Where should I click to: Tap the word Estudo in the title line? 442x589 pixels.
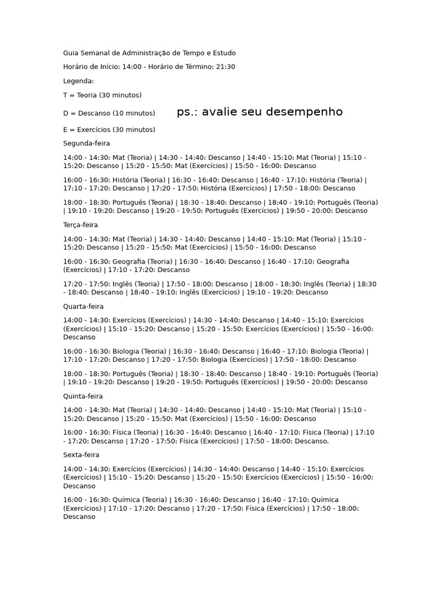click(x=224, y=53)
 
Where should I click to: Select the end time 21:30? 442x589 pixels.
click(x=225, y=67)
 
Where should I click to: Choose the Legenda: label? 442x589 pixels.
click(x=78, y=81)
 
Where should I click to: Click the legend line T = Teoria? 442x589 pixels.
click(x=102, y=95)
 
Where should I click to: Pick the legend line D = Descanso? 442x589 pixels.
click(x=109, y=113)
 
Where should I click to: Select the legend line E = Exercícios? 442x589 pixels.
click(x=109, y=129)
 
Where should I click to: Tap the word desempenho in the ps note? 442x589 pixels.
click(x=303, y=112)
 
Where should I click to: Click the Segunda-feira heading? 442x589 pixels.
click(x=86, y=143)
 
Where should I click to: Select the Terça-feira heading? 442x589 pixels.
click(x=81, y=225)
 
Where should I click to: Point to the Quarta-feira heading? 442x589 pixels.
click(x=84, y=307)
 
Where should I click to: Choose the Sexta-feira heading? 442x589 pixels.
click(x=82, y=455)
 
